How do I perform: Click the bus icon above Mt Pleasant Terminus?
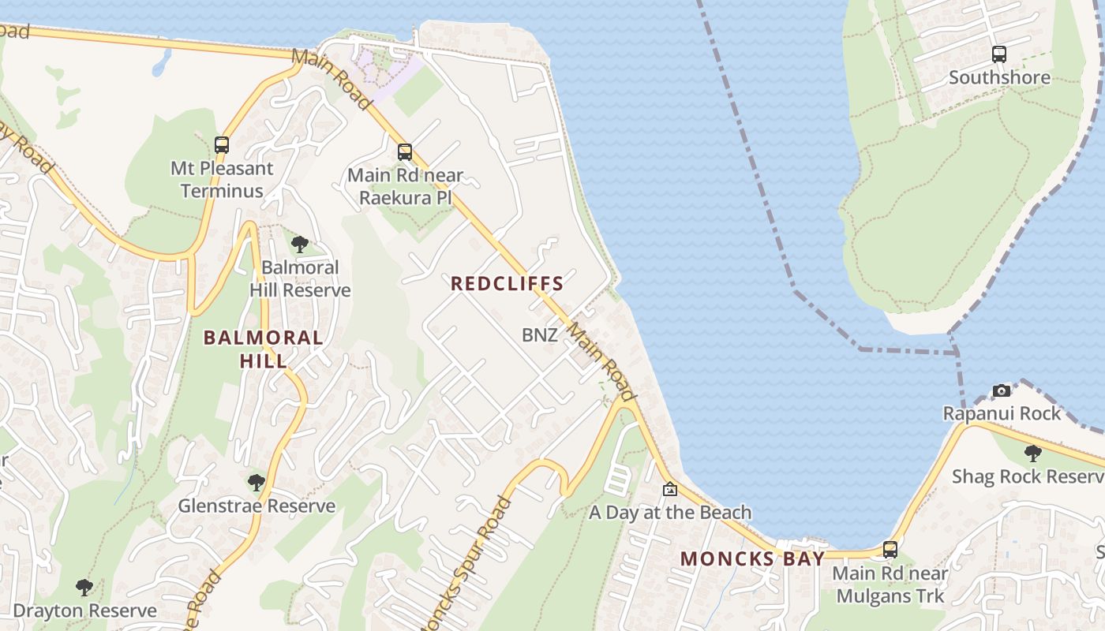[x=222, y=145]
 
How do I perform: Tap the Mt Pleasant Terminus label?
[x=222, y=180]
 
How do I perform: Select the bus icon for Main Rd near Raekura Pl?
[x=405, y=152]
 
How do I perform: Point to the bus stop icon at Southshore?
[x=999, y=54]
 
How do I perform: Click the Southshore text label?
[x=999, y=77]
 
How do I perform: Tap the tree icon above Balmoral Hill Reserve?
[x=299, y=245]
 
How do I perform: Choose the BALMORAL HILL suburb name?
[x=264, y=349]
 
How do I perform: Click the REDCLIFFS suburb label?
[x=507, y=283]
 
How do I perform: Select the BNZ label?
[x=540, y=335]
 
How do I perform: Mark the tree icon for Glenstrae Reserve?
[x=256, y=483]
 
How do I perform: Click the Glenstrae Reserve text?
[x=257, y=506]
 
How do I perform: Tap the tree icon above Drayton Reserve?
[x=84, y=588]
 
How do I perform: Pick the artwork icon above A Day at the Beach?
[x=670, y=489]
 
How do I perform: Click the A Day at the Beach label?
[x=670, y=513]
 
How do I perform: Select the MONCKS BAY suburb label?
[x=752, y=558]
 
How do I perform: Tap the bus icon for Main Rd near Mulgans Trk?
[x=890, y=550]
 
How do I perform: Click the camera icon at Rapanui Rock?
[x=1002, y=390]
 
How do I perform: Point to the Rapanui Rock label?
[x=1002, y=413]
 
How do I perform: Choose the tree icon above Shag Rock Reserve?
[x=1032, y=454]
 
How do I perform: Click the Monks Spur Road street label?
[x=466, y=564]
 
